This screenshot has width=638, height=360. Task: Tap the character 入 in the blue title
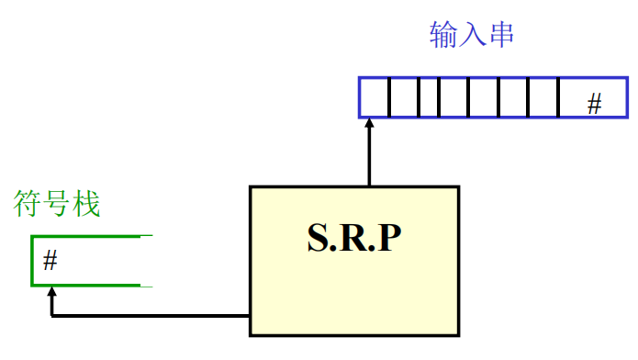[472, 36]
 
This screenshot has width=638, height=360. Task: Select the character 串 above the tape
[500, 36]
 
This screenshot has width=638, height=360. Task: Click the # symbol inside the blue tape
[594, 104]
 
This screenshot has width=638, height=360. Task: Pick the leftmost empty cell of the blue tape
[375, 97]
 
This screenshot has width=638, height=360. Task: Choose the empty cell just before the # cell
[543, 97]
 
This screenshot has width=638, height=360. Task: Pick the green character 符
[26, 205]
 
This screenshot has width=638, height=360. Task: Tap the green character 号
[55, 205]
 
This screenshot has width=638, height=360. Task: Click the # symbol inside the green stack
[50, 262]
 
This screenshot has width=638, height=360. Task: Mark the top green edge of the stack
[87, 237]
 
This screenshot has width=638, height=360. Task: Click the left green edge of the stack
[33, 261]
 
